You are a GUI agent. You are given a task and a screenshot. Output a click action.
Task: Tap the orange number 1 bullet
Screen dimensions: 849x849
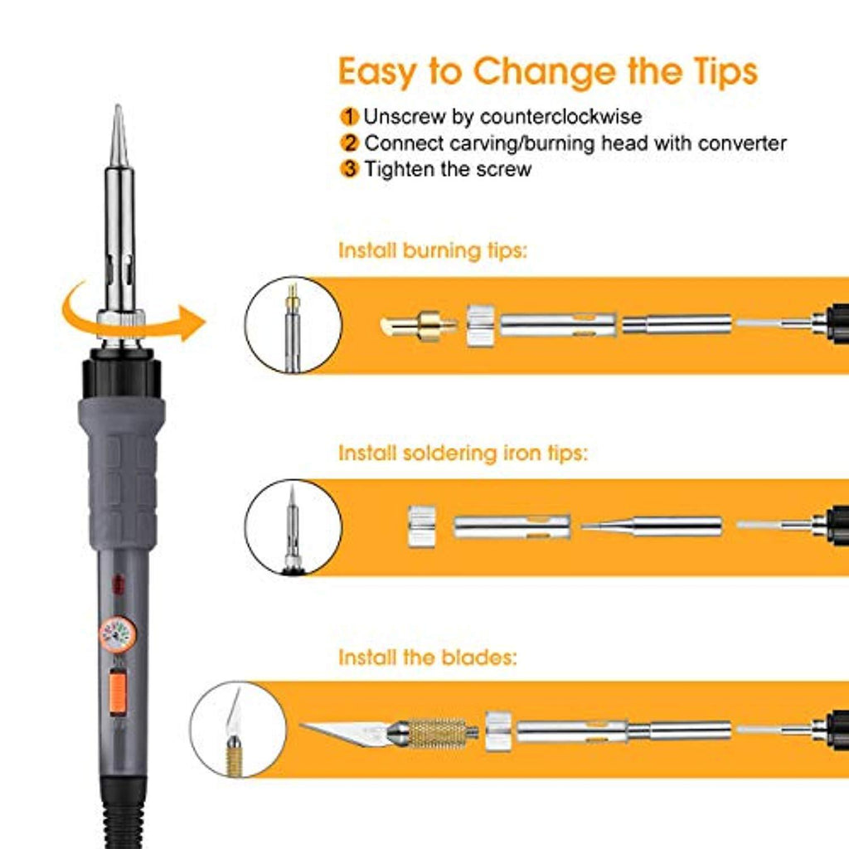349,116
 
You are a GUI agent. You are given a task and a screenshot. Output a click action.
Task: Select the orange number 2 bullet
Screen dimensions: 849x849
349,143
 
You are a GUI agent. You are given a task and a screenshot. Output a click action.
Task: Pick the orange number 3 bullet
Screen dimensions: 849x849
349,169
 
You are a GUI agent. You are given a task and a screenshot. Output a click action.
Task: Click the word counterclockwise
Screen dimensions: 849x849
560,116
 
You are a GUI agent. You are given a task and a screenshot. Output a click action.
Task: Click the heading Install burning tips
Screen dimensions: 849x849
433,251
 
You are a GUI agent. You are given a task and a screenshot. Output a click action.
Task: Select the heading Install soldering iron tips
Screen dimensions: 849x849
463,454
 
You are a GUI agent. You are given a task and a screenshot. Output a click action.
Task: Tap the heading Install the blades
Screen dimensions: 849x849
428,657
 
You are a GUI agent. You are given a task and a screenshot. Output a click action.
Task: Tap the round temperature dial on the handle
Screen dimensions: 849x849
118,634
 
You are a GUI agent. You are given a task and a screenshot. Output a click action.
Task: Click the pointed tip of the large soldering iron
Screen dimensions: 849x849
118,105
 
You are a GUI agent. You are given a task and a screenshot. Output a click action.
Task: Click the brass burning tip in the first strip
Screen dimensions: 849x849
419,326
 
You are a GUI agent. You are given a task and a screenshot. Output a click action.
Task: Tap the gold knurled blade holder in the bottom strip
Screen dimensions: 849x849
436,733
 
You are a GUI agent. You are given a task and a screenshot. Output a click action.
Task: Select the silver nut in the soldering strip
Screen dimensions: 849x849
422,526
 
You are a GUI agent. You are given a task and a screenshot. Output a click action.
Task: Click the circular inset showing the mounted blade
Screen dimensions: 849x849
238,730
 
